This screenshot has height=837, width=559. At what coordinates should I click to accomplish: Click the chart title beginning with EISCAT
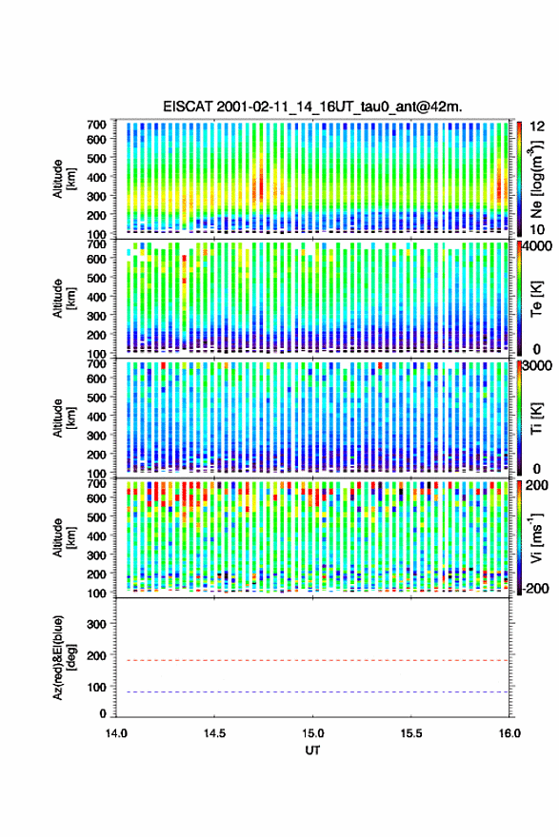[x=312, y=107]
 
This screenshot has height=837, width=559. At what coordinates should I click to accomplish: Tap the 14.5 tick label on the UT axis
[x=214, y=733]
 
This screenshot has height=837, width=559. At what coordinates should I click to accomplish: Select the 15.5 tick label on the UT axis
[x=411, y=733]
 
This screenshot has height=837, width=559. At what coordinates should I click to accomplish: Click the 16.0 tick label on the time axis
[x=509, y=733]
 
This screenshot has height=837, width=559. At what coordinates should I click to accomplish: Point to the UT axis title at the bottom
[x=312, y=750]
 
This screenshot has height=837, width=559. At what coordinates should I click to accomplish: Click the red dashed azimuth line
[x=312, y=660]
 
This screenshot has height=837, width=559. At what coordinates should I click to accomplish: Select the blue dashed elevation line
[x=312, y=691]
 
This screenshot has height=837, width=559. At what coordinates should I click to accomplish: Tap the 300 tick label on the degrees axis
[x=97, y=624]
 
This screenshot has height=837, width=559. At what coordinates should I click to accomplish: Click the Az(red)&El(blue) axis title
[x=64, y=657]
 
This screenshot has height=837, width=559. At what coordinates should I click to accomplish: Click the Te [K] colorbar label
[x=536, y=300]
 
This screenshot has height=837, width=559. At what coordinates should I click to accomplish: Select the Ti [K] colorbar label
[x=536, y=418]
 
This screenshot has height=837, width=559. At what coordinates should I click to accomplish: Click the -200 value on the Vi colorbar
[x=535, y=588]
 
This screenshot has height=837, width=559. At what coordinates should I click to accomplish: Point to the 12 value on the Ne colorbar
[x=537, y=127]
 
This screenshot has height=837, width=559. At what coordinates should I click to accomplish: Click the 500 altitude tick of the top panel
[x=97, y=158]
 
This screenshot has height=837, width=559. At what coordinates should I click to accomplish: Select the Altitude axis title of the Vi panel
[x=64, y=536]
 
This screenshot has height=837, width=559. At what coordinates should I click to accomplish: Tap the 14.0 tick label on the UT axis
[x=116, y=733]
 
